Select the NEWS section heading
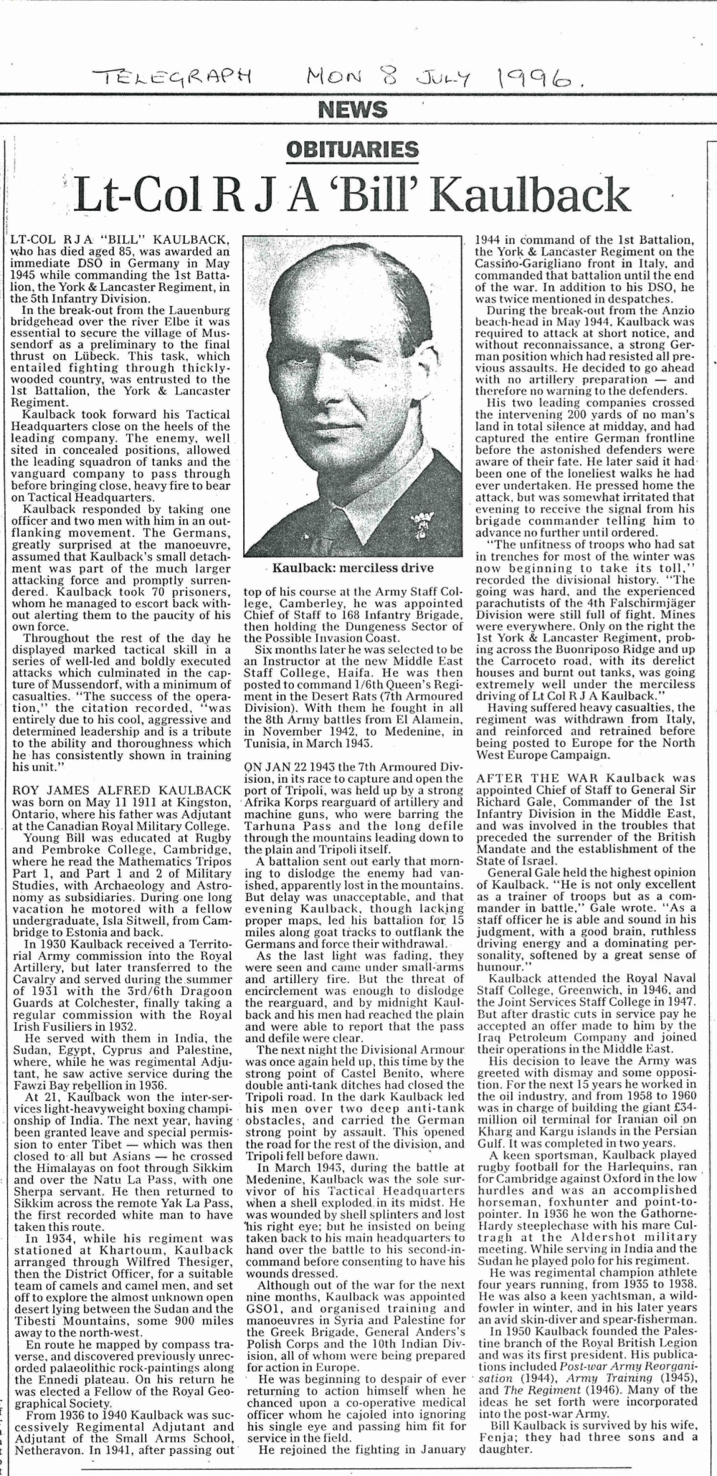point(351,110)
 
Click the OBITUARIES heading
point(352,150)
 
